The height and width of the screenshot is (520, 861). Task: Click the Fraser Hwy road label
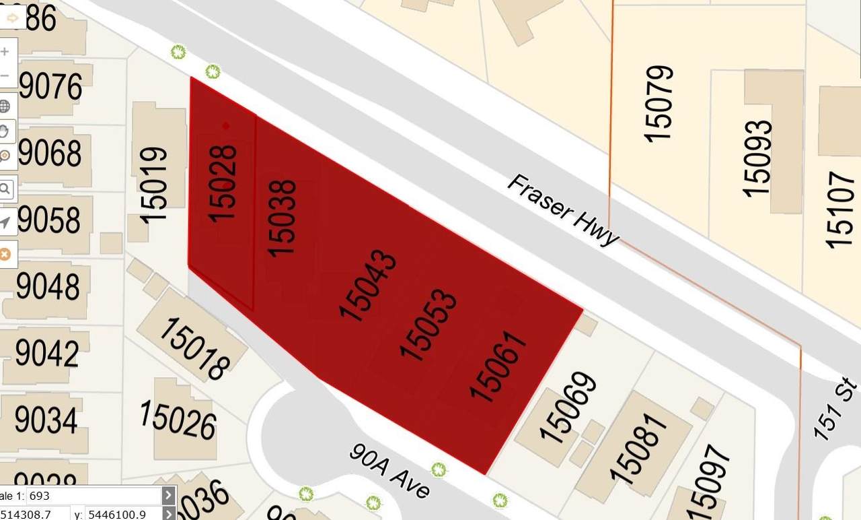coord(562,210)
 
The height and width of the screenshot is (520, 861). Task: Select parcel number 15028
coord(223,183)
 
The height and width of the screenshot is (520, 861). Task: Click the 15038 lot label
coord(282,218)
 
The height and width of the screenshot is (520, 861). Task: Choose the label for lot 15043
coord(367,285)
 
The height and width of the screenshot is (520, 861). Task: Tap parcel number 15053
coord(428,325)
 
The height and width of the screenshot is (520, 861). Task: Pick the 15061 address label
coord(498,366)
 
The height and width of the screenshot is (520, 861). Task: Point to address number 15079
coord(659,103)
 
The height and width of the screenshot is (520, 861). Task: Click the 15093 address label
coord(757,158)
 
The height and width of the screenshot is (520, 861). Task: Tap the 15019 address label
coord(154,185)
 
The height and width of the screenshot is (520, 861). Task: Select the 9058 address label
coord(50,220)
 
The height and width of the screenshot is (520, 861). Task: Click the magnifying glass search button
coord(5,189)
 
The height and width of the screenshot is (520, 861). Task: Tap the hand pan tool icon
coord(5,131)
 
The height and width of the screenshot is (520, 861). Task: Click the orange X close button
coord(5,254)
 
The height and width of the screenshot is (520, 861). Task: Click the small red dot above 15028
coord(225,125)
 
